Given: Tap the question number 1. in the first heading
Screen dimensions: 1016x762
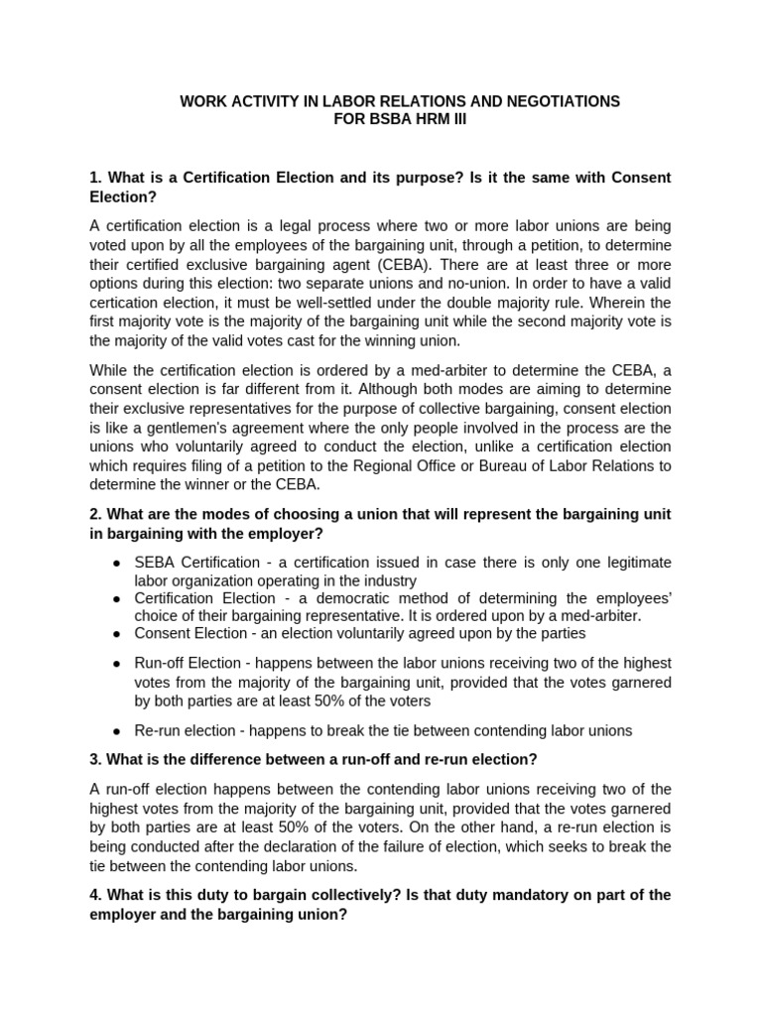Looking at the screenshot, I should [95, 178].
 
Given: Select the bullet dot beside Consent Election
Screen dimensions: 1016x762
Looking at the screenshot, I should [117, 633].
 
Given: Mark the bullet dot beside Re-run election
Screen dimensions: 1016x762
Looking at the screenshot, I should [117, 730].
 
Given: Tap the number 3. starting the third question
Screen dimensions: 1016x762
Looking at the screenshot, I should [95, 760].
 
